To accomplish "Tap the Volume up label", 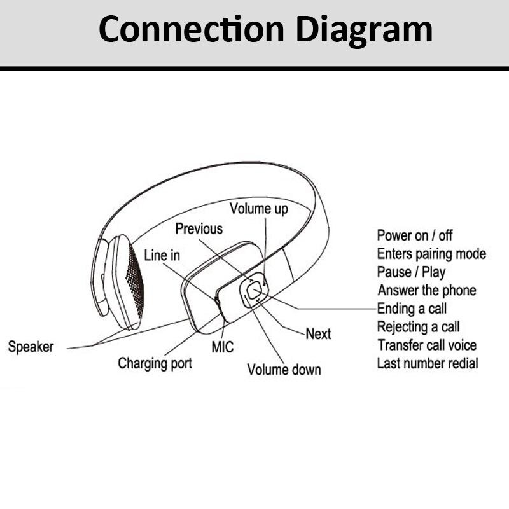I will pos(258,209).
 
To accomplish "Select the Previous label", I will pos(199,229).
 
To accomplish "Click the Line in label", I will pos(162,256).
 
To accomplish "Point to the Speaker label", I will pos(31,347).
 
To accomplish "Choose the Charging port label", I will pos(155,364).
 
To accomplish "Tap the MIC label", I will pos(223,347).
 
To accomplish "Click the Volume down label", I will pos(284,370).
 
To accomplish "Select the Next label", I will pos(318,334).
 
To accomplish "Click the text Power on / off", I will pos(415,235).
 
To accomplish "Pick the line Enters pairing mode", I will pos(431,254).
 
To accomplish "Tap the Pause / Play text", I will pos(411,272).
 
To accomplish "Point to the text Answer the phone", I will pos(426,291).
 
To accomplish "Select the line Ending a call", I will pos(412,309).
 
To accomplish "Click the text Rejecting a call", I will pos(418,328).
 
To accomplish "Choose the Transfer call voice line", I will pos(426,345).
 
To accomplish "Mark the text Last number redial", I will pos(428,364).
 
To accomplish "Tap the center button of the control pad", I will pos(254,291).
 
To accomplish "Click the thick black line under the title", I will pos(254,67).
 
